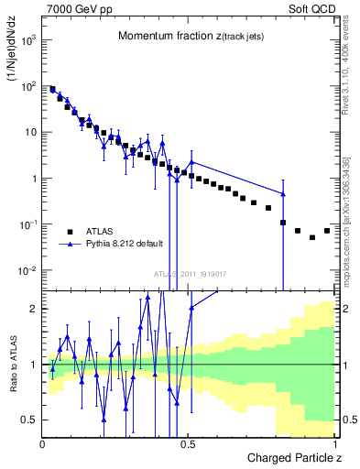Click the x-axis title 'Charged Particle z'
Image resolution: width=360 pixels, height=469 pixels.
(x=289, y=457)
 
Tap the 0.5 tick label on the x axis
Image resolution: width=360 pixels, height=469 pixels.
(x=188, y=443)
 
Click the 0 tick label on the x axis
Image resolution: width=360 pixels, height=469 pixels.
(x=42, y=443)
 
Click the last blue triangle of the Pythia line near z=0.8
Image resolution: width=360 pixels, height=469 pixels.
(x=283, y=193)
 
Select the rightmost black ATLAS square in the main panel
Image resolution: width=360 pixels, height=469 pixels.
(x=327, y=230)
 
